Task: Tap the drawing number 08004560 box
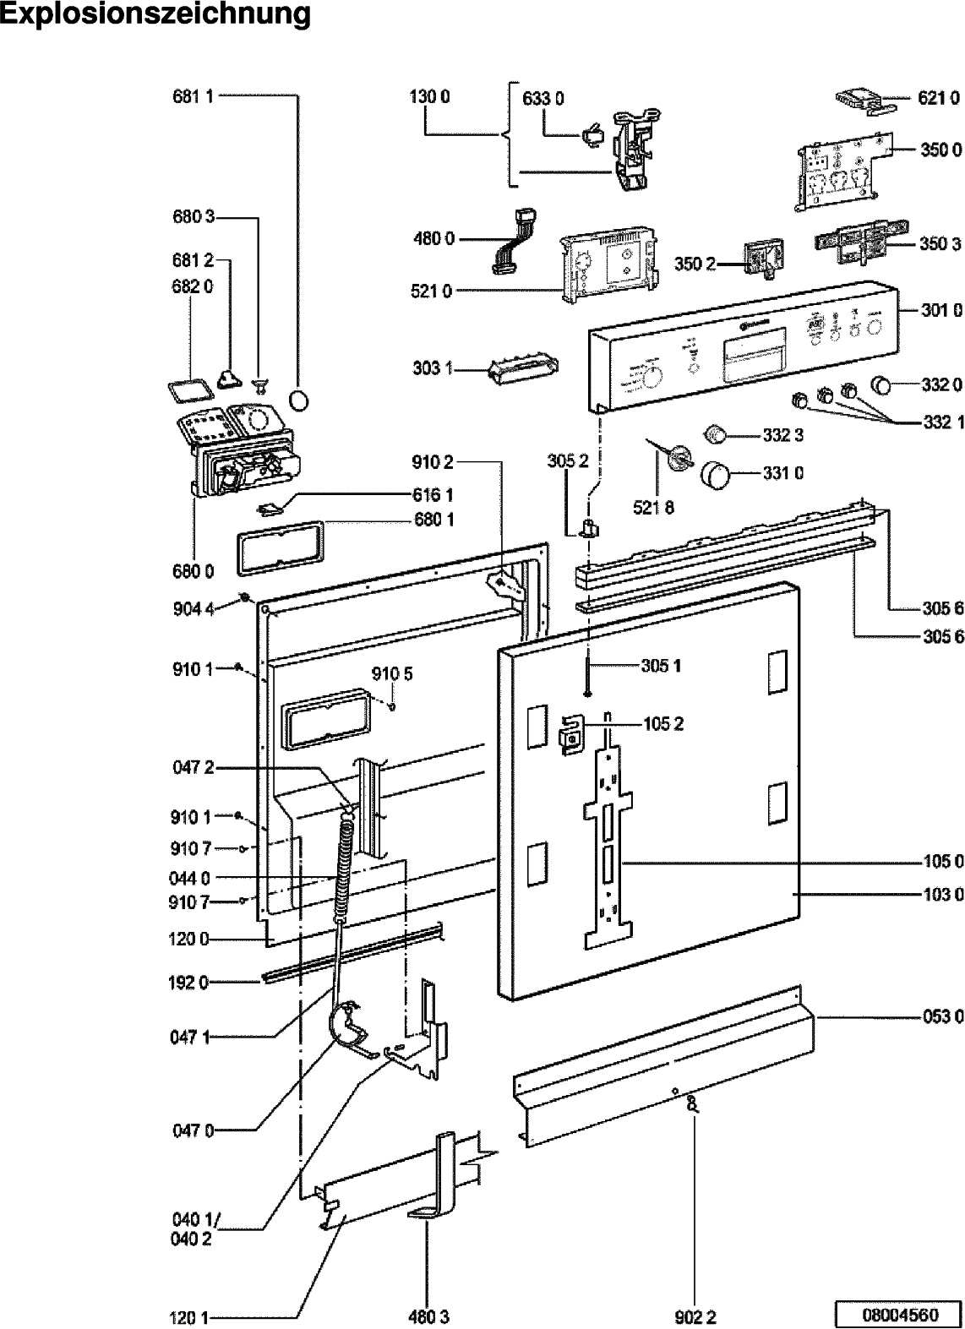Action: click(x=898, y=1315)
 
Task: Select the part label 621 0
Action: click(x=940, y=99)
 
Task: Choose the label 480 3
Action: click(x=430, y=1316)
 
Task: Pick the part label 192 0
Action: click(x=190, y=982)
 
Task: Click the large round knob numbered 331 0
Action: click(x=715, y=474)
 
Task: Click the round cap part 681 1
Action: click(x=301, y=399)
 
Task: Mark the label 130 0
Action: click(x=429, y=96)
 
